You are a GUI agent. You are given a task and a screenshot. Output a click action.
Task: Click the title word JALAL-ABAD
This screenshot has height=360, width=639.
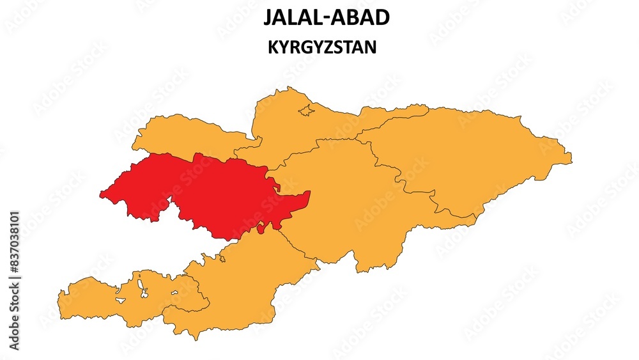326,17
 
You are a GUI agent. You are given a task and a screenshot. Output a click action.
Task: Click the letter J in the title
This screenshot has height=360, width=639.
268,17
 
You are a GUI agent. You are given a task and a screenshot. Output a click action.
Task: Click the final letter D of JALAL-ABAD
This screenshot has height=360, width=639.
382,17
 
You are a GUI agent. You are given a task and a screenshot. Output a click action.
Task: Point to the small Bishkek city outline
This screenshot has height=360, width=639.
307,110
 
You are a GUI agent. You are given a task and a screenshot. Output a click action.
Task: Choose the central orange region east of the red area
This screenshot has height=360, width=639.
345,205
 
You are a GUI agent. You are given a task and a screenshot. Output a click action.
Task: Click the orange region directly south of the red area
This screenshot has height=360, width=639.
249,281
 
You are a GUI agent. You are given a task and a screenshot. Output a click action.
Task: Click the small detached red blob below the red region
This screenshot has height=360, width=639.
261,227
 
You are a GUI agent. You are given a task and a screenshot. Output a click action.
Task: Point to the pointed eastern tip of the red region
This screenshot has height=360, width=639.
309,192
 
